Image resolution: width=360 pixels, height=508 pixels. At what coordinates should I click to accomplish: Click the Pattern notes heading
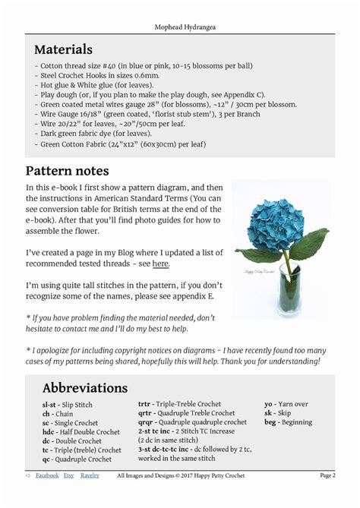pyautogui.click(x=67, y=170)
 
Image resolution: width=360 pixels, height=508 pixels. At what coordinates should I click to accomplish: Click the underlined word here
pyautogui.click(x=160, y=263)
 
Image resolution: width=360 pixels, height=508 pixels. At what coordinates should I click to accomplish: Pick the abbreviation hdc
pyautogui.click(x=48, y=432)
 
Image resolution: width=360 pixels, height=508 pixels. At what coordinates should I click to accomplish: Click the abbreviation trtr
pyautogui.click(x=144, y=405)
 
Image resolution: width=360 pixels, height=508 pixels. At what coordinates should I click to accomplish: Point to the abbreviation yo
pyautogui.click(x=268, y=405)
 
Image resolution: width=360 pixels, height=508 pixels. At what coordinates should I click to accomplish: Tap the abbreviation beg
pyautogui.click(x=270, y=422)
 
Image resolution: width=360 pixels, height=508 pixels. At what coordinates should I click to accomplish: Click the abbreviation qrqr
pyautogui.click(x=144, y=422)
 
